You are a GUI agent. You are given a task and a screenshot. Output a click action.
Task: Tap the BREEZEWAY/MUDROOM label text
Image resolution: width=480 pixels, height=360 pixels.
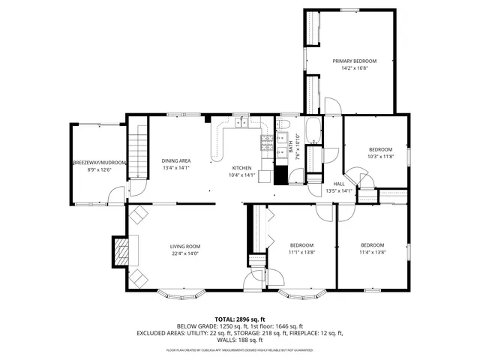[x=100, y=163]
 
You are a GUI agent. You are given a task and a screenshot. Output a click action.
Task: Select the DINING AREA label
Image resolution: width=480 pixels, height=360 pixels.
[x=176, y=160]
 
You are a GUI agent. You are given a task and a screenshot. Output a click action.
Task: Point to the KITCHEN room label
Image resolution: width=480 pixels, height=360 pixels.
[x=241, y=168]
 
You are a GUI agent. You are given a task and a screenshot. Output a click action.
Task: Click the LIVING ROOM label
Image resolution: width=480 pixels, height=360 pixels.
[x=184, y=246]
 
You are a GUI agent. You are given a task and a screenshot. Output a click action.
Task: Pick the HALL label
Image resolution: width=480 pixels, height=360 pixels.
[x=339, y=184]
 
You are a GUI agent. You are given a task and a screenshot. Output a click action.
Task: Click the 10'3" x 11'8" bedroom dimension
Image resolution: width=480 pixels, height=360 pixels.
[x=380, y=157]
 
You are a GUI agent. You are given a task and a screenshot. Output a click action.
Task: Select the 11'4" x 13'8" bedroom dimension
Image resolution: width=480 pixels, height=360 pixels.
[x=372, y=253]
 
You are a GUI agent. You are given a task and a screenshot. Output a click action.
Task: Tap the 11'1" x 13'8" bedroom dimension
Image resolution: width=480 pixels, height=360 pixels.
[x=301, y=253]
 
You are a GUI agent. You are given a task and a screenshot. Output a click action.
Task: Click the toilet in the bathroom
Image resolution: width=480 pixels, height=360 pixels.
[x=285, y=124]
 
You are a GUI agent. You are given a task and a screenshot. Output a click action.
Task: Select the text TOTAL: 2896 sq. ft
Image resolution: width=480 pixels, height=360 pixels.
[x=239, y=319]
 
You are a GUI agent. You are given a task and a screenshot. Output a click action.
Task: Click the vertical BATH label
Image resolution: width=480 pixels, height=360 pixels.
[x=291, y=147]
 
